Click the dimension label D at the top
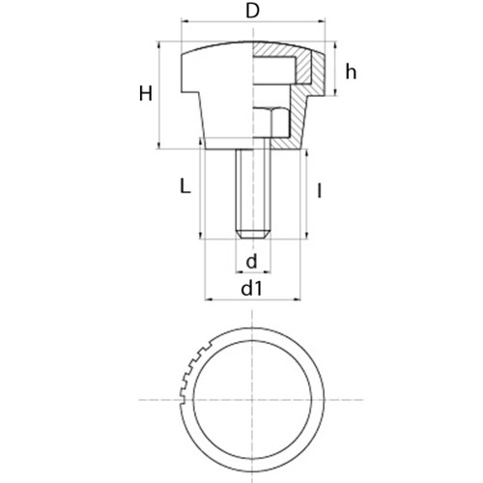click(x=252, y=12)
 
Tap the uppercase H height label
click(x=146, y=94)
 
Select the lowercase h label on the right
click(x=351, y=71)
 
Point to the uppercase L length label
click(x=185, y=186)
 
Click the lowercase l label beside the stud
click(x=319, y=190)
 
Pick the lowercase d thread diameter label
click(x=251, y=261)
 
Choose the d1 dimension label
click(x=252, y=288)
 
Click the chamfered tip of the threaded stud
click(x=253, y=235)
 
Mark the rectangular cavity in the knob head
click(x=274, y=70)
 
